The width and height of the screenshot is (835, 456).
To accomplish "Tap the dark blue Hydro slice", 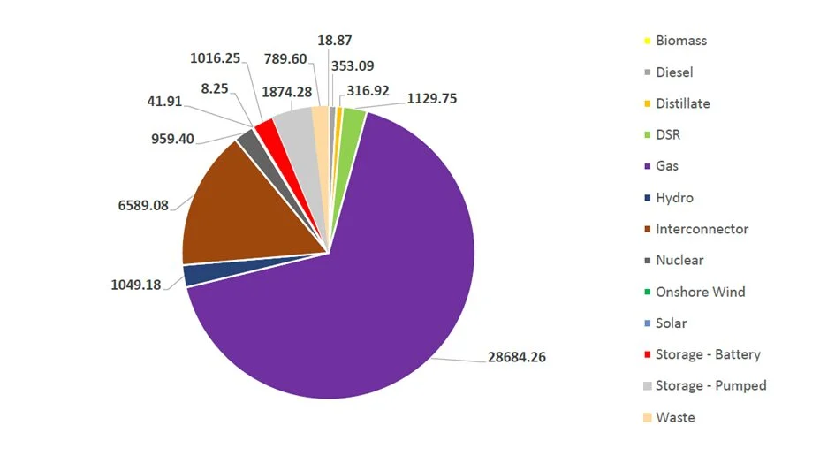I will point(198,274).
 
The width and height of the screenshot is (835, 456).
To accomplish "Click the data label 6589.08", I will point(148,205).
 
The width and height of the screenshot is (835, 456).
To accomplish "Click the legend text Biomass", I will point(680,41).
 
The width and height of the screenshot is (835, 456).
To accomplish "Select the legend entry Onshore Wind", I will point(700,292).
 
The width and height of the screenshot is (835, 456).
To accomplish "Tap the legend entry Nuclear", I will point(679,261).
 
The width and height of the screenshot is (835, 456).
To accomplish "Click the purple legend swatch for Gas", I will point(647,166).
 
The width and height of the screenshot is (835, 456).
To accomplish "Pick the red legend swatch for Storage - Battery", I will point(647,354).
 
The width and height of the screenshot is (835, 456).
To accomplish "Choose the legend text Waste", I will point(675,417).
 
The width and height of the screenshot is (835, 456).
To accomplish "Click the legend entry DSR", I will point(668,135).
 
